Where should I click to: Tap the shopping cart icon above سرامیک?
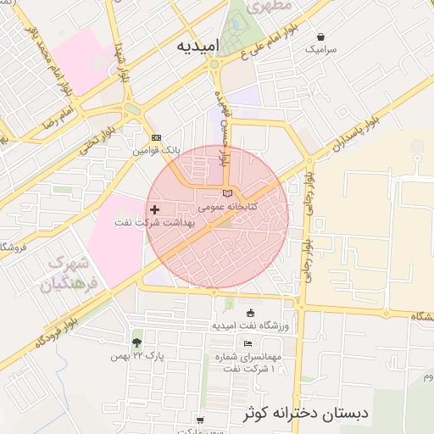321,36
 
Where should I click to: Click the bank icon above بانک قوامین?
156,137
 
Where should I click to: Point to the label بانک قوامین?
157,151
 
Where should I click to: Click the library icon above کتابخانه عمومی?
226,193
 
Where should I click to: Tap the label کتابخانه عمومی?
229,206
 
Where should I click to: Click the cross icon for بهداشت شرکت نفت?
153,209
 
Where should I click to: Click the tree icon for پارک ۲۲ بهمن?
137,342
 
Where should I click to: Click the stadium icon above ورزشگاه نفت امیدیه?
248,313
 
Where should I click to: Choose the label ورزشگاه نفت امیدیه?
249,325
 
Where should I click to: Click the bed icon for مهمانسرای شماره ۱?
248,343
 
